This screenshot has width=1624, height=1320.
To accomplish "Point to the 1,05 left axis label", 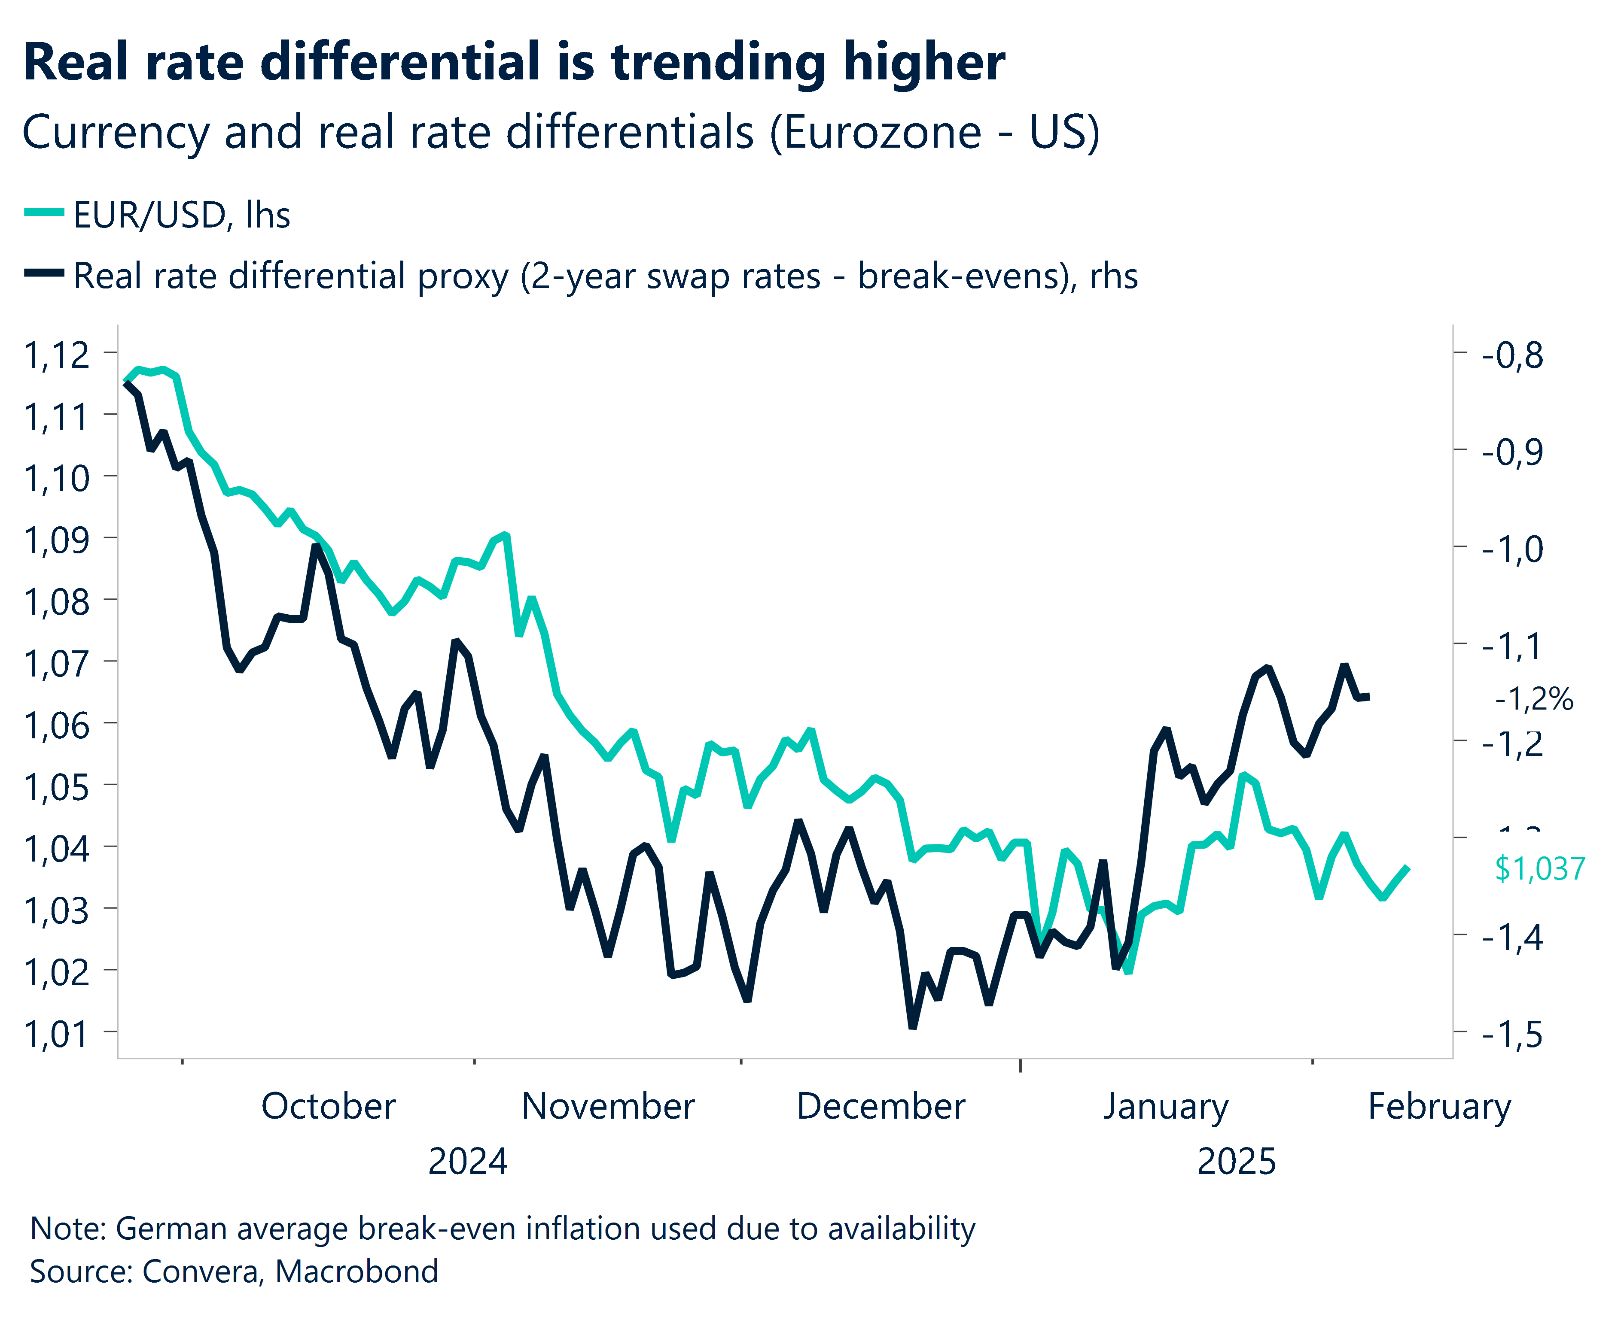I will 57,787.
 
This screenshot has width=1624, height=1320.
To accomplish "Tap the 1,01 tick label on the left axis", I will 57,1034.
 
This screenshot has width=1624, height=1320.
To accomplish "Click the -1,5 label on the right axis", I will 1512,1034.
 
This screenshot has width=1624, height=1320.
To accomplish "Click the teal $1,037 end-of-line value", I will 1539,868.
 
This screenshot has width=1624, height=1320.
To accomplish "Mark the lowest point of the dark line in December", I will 913,1026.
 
